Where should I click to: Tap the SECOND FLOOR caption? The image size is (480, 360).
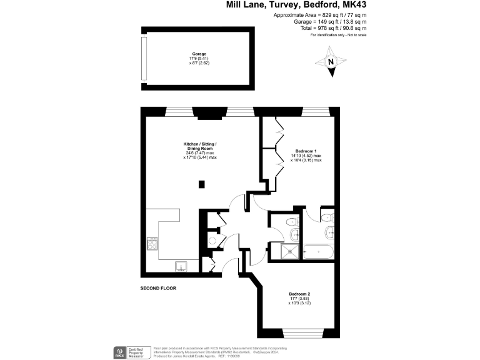coord(159,288)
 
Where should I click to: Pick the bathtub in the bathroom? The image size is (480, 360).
coord(319,252)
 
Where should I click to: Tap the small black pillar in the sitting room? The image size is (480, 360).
coord(201,184)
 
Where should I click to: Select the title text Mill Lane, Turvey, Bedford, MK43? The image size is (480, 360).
coord(296,5)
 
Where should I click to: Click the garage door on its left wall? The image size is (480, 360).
coord(143,61)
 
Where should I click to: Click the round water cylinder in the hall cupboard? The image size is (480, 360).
coord(212,240)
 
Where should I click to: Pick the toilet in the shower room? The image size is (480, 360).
coord(291,222)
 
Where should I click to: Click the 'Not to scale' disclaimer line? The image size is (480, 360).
coord(338,35)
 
